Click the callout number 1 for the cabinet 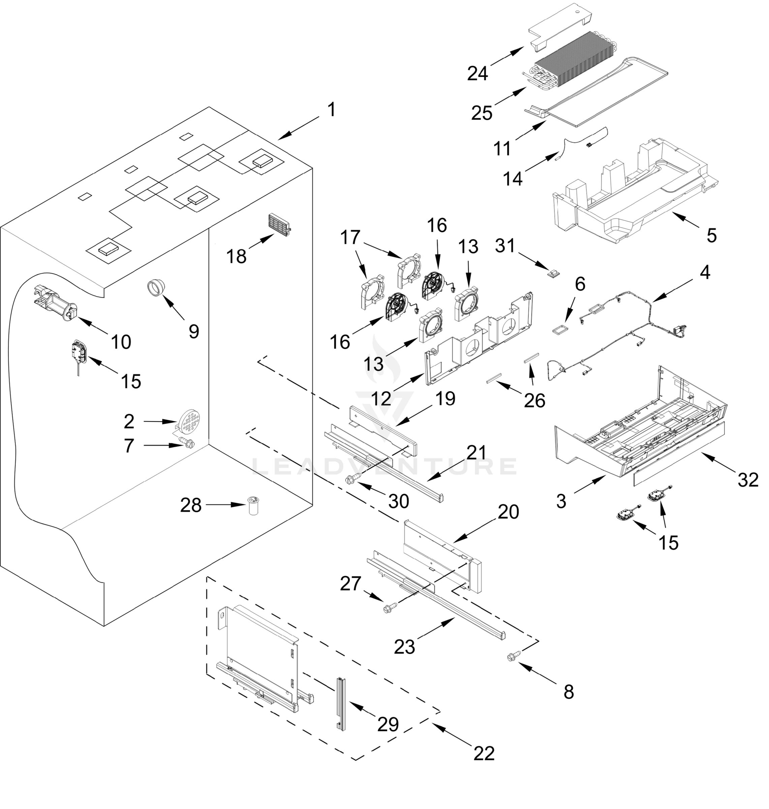331,110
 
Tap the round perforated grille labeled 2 189,421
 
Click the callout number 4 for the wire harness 705,273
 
